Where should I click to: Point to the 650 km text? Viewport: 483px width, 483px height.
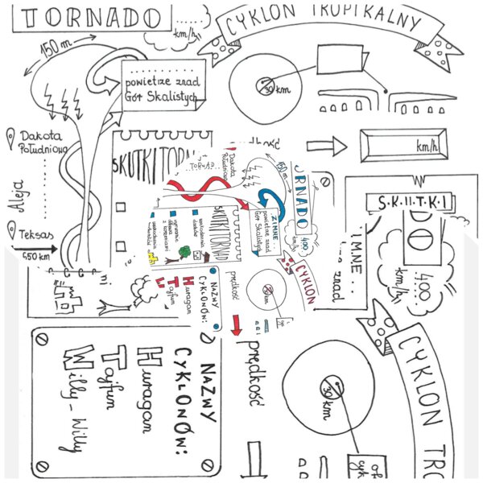(x=36, y=256)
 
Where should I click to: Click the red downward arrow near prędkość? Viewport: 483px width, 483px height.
(x=237, y=324)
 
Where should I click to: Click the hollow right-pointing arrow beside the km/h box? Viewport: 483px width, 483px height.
(x=326, y=147)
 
